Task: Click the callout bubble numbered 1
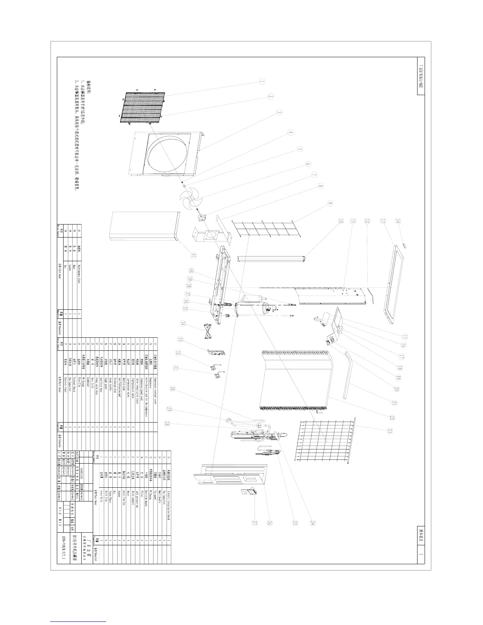(262, 81)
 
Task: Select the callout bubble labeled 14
(398, 223)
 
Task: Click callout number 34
(182, 325)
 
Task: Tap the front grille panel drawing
(142, 105)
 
